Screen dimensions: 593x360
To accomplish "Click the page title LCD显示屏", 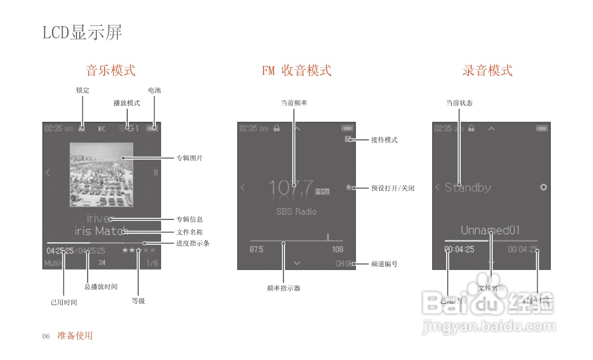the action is click(82, 32).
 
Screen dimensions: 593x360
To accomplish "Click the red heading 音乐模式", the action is click(111, 71).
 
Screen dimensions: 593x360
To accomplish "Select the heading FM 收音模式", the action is click(296, 71).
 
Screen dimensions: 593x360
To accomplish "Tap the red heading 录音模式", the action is click(487, 71).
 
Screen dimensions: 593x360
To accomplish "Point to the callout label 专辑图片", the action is click(189, 158).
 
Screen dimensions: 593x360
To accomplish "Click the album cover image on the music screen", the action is click(101, 174).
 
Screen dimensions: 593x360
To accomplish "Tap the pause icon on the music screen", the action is click(155, 173).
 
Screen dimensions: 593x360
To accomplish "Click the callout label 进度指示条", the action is click(192, 243).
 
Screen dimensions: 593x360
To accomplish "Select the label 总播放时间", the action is click(101, 287).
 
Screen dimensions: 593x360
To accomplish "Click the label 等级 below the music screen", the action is click(138, 301).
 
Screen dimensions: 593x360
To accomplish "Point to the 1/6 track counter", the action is click(152, 263).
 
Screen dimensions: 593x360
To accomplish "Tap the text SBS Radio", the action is click(296, 212).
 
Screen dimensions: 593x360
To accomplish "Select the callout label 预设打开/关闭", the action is click(393, 188).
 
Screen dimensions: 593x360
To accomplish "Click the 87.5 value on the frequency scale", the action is click(256, 249).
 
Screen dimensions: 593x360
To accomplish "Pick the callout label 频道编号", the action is click(384, 264).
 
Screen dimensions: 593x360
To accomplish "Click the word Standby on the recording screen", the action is click(468, 187).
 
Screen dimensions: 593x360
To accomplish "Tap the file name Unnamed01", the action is click(490, 230).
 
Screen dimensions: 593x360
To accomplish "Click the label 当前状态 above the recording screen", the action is click(459, 103).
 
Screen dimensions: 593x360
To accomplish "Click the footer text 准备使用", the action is click(75, 336).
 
